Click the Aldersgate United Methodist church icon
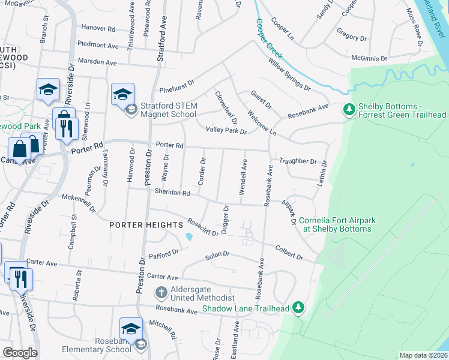[161, 293]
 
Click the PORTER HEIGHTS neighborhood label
[146, 224]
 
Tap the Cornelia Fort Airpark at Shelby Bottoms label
[337, 224]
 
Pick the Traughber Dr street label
[298, 161]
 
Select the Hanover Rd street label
[98, 28]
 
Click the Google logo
[20, 352]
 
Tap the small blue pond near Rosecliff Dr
[190, 236]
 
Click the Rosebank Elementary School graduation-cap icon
[131, 329]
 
